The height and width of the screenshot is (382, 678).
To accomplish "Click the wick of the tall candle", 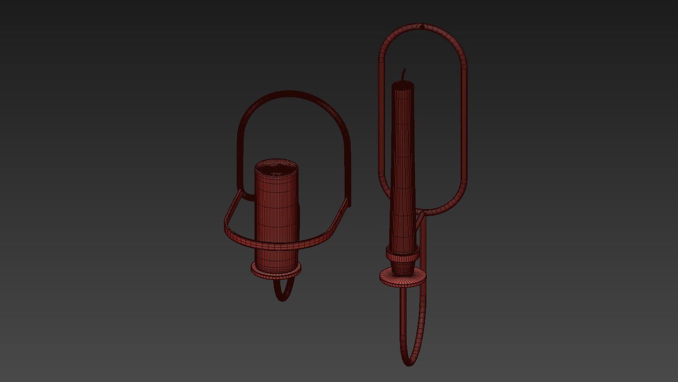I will pos(403,74).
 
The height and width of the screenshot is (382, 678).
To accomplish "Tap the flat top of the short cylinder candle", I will pos(277,166).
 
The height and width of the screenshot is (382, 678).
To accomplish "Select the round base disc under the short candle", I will pos(276,270).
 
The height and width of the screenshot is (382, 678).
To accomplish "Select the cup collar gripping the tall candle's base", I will pos(402,254).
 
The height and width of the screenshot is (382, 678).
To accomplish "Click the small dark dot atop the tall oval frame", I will pos(422,27).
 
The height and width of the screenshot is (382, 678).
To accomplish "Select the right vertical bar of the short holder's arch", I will pos(349,169).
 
